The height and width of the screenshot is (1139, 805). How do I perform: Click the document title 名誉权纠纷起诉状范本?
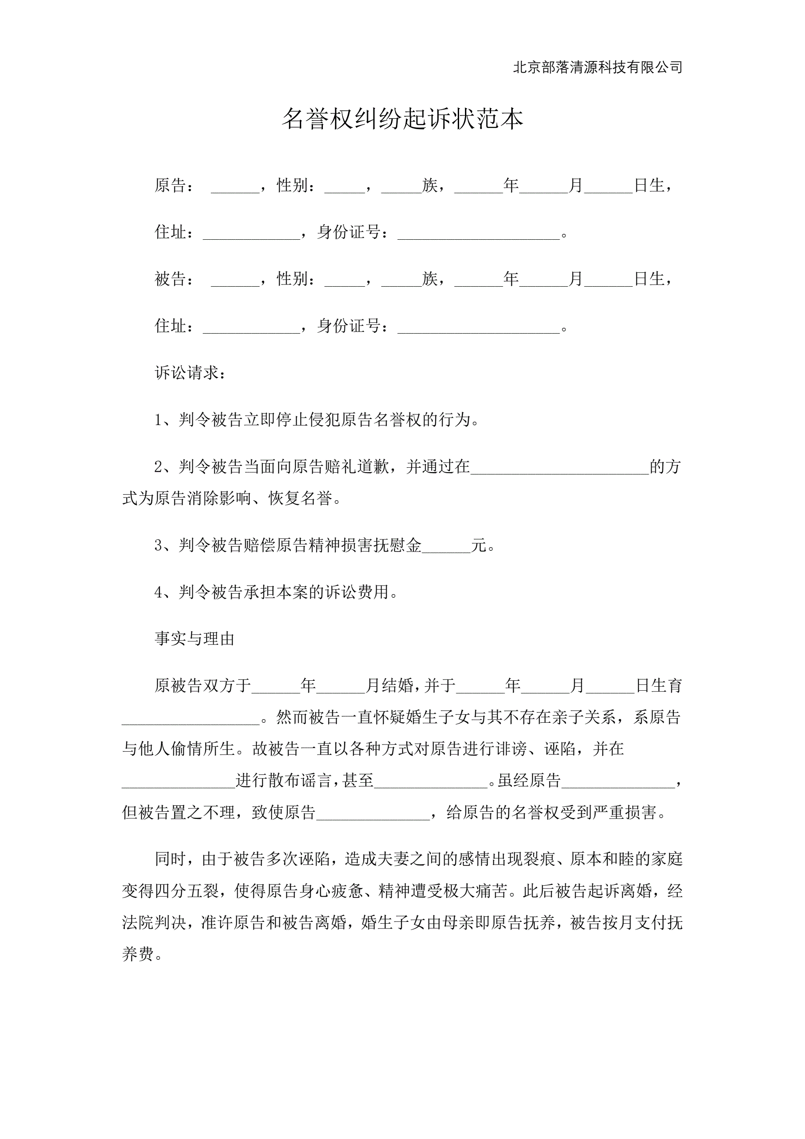[x=402, y=119]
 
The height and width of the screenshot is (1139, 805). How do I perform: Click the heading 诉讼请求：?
[x=191, y=373]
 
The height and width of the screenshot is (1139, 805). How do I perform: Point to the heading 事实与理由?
[x=194, y=638]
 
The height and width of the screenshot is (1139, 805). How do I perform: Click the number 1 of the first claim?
[x=158, y=420]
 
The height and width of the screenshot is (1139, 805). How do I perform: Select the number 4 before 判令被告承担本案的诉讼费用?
[x=158, y=592]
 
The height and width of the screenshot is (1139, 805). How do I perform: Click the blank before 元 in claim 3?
[x=446, y=546]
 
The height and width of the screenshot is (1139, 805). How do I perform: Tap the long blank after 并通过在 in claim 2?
[x=560, y=467]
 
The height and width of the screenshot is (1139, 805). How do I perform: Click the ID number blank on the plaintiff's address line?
[x=478, y=232]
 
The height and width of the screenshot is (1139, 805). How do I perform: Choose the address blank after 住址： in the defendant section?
[x=251, y=326]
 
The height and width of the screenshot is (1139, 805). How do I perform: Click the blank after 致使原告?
[x=373, y=812]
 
